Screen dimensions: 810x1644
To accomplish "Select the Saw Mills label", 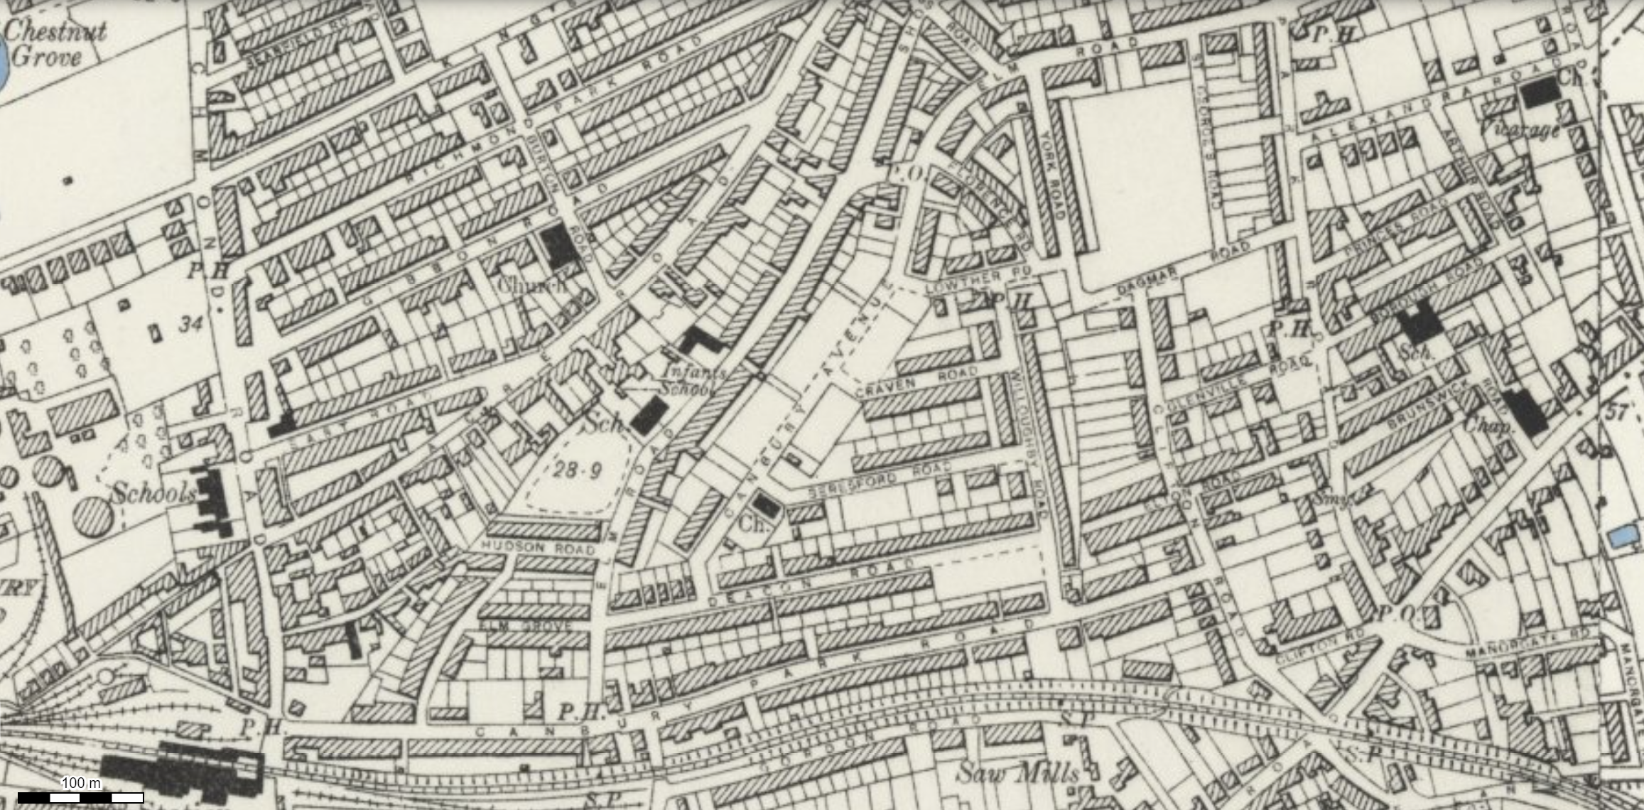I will (x=1017, y=773).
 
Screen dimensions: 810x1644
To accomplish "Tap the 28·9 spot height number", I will (x=577, y=470).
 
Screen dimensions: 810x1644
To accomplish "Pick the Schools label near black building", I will (x=153, y=493).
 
